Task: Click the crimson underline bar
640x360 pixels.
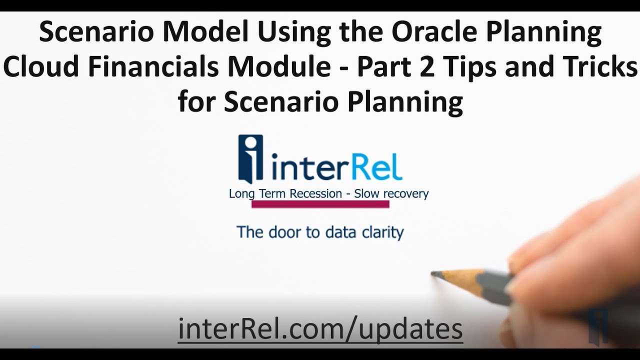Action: click(x=320, y=204)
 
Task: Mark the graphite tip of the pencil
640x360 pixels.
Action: click(x=434, y=274)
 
